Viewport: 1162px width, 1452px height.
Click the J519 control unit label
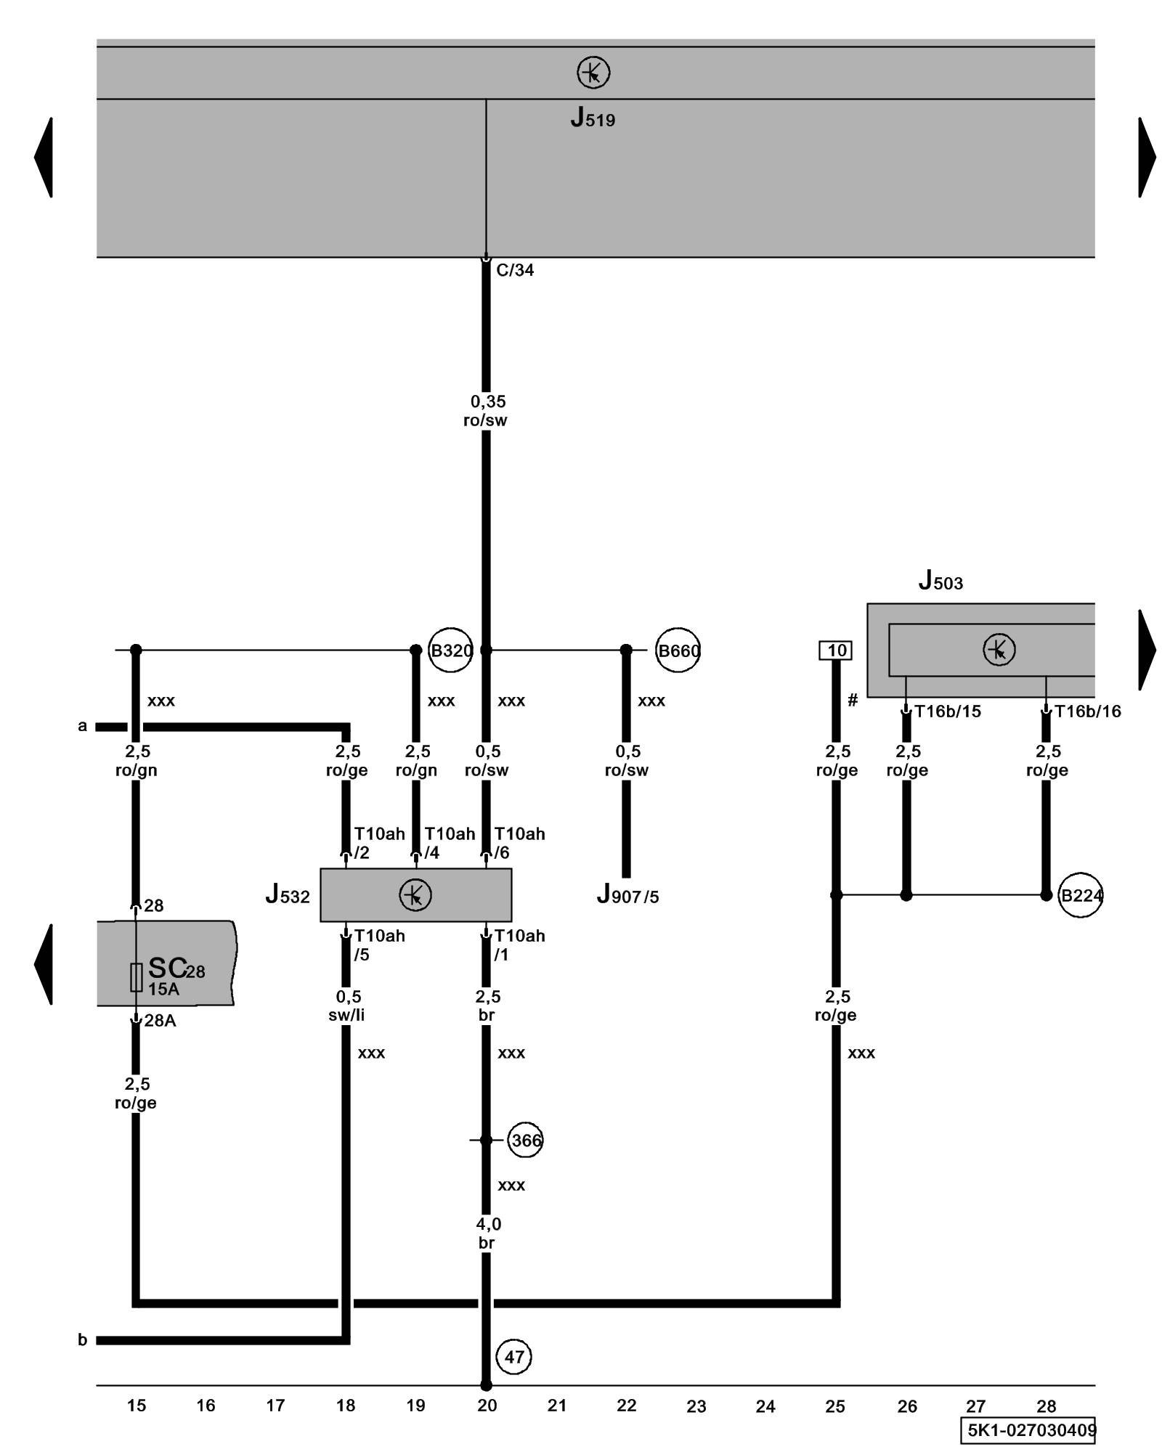[x=593, y=118]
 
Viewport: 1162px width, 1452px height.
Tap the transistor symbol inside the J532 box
[x=415, y=894]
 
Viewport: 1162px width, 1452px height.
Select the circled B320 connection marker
[x=451, y=650]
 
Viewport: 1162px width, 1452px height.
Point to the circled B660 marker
[x=678, y=650]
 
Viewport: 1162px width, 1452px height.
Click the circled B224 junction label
[x=1081, y=895]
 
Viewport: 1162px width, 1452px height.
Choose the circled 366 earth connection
[x=525, y=1140]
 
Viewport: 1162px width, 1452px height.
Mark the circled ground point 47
[x=514, y=1356]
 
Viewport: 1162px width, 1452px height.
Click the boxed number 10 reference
[x=836, y=650]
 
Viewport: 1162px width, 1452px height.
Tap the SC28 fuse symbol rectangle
[x=136, y=977]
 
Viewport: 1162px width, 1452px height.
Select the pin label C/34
[x=515, y=270]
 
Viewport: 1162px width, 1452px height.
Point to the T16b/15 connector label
[x=947, y=711]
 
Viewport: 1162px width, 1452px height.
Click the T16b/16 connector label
[x=1087, y=711]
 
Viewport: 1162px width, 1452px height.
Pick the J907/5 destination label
[x=627, y=896]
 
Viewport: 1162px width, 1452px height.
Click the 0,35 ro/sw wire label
[x=487, y=411]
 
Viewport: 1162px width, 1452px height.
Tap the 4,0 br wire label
[x=487, y=1233]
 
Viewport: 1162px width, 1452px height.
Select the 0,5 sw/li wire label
[x=347, y=1006]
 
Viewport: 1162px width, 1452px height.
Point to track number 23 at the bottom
[x=696, y=1406]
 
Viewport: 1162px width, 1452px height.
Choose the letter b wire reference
[x=83, y=1339]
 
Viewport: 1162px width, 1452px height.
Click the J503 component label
[x=940, y=581]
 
